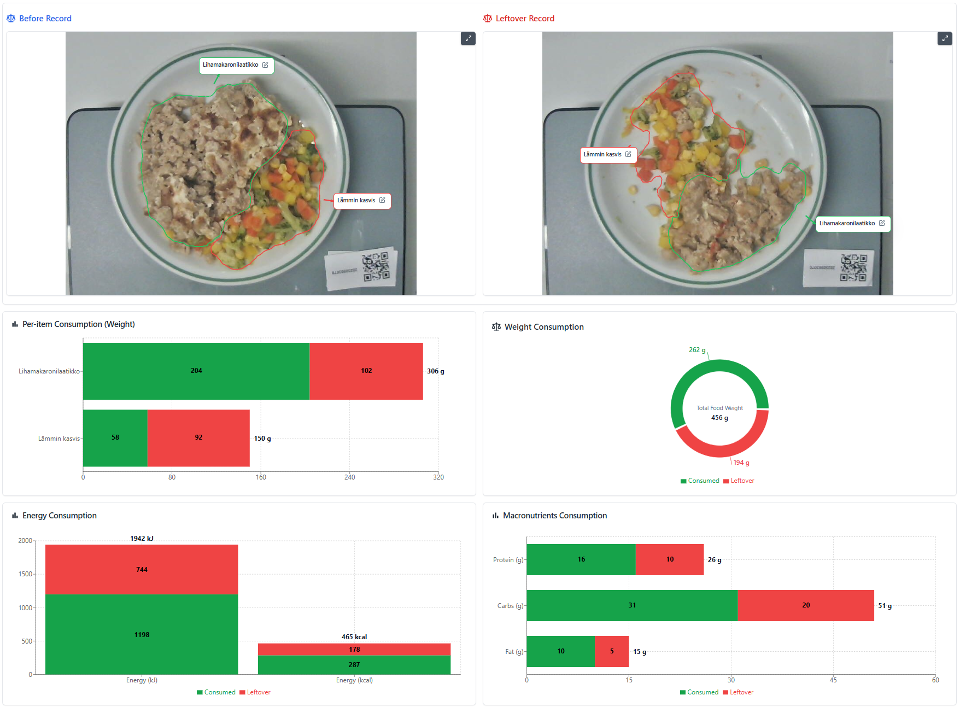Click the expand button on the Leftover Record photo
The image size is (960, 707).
tap(945, 38)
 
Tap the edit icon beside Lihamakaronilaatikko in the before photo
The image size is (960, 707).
tap(265, 65)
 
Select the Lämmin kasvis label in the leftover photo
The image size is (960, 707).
tap(602, 155)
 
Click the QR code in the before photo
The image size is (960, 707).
tap(376, 267)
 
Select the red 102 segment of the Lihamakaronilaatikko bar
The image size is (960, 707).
tap(366, 371)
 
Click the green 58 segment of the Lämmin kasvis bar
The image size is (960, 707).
tap(115, 438)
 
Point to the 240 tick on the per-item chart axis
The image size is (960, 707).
tap(350, 477)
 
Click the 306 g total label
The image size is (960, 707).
tap(435, 371)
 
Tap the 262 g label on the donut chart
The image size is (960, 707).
tap(697, 350)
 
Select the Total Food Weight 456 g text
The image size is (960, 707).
tap(719, 413)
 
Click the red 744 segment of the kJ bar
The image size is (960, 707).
tap(142, 569)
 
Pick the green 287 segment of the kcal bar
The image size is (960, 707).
tap(354, 665)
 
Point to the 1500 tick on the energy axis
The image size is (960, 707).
tap(25, 574)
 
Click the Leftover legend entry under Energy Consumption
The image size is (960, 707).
tap(255, 692)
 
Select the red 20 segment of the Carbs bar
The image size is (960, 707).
tap(805, 605)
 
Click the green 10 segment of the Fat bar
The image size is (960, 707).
tap(560, 651)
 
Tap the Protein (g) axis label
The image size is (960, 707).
tap(508, 560)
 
